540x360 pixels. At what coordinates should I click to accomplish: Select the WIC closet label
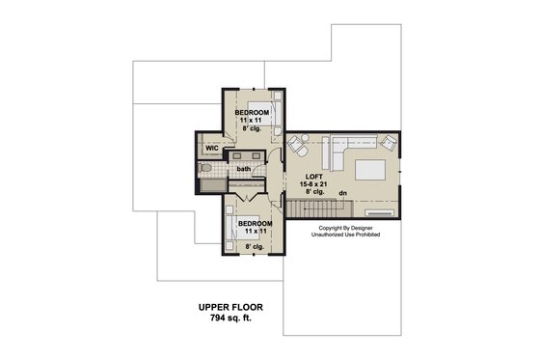[x=210, y=148]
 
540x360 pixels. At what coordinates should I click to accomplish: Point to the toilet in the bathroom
[x=203, y=168]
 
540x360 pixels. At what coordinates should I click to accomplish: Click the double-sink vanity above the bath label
[x=245, y=154]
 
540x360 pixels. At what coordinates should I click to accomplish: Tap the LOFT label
[x=313, y=176]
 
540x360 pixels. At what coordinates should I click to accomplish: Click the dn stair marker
[x=342, y=191]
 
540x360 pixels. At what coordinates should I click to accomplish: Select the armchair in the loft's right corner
[x=388, y=144]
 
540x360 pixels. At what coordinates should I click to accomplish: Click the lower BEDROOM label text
[x=255, y=223]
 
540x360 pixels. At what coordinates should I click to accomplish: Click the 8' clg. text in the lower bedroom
[x=255, y=247]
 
